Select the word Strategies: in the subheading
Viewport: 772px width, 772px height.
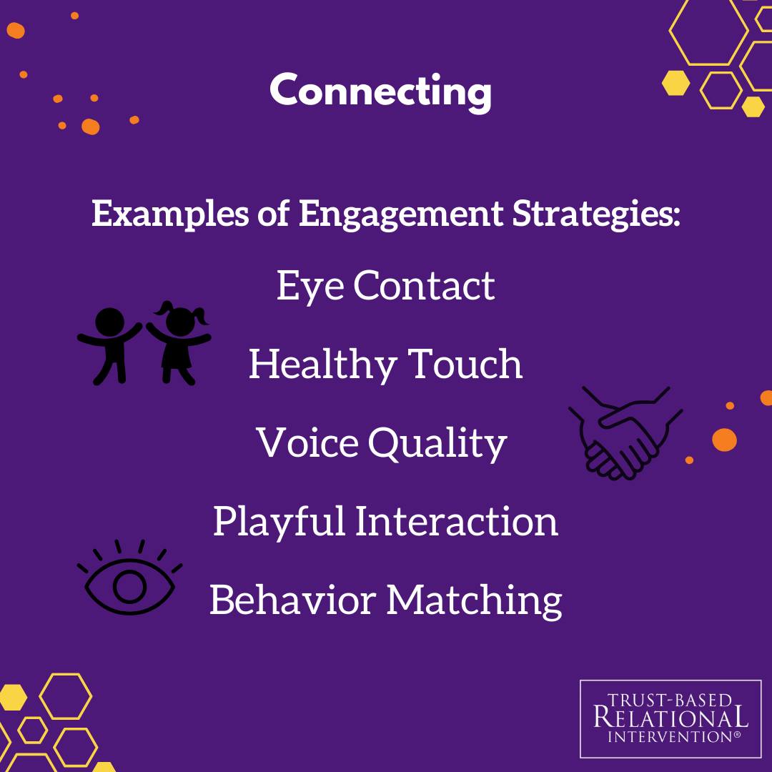click(596, 214)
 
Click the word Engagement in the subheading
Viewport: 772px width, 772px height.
click(401, 215)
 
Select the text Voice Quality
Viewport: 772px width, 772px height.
click(382, 444)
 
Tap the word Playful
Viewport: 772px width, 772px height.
click(279, 521)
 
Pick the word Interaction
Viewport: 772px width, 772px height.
click(456, 521)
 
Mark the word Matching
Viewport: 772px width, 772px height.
click(474, 600)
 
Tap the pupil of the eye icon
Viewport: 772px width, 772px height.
click(130, 586)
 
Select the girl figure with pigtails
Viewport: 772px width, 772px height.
click(179, 342)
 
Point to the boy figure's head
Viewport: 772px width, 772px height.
click(109, 322)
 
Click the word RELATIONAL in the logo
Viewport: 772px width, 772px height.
click(670, 717)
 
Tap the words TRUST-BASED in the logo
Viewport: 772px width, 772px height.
click(670, 700)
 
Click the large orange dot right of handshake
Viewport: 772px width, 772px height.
click(724, 440)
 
